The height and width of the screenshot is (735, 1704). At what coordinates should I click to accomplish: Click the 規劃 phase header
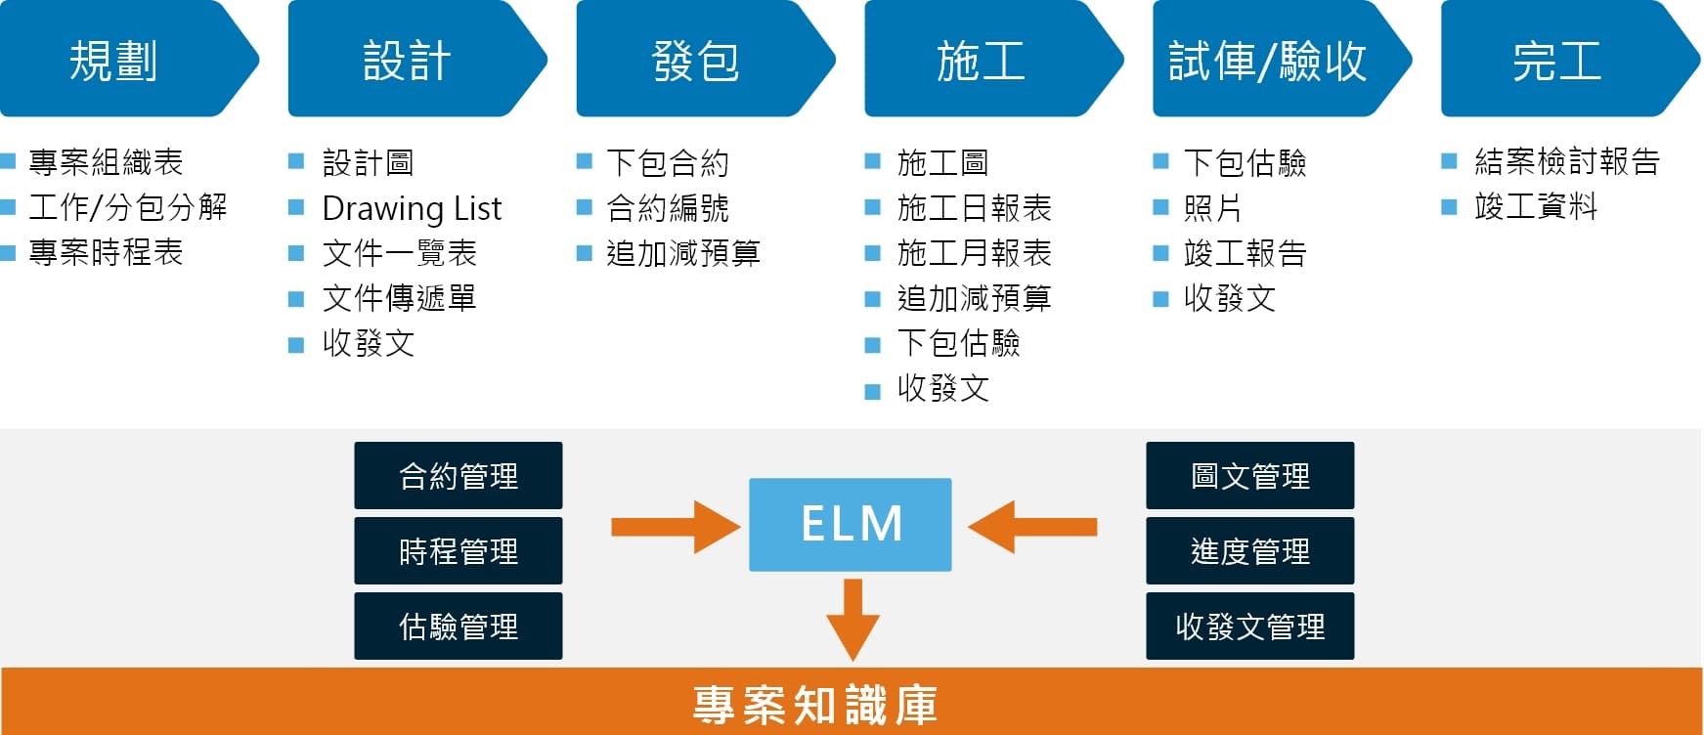(115, 61)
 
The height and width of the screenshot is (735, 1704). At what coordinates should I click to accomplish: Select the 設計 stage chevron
(407, 61)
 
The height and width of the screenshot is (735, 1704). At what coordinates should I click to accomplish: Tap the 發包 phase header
(695, 61)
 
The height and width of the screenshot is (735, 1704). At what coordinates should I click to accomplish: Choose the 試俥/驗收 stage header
(1268, 61)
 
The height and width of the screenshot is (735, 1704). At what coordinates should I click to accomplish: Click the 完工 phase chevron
(1557, 61)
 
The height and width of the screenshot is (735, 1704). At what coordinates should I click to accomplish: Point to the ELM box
(850, 524)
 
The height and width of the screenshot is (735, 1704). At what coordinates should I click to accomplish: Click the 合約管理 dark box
(458, 476)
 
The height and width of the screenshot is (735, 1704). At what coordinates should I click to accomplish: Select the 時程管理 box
(458, 551)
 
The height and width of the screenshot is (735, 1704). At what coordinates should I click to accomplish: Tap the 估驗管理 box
(458, 627)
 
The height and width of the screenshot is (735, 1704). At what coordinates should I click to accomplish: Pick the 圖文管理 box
(1249, 476)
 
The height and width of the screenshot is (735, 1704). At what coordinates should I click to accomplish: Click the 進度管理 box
(1249, 551)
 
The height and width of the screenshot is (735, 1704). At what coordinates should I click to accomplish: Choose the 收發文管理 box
(1249, 627)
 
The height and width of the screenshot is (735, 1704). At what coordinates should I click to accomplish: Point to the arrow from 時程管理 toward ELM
(675, 527)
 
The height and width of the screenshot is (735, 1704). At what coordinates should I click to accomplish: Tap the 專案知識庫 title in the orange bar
(814, 705)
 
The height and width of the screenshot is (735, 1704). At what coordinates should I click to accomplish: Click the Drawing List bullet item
(412, 208)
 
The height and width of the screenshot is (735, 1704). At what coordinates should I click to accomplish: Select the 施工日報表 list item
(974, 208)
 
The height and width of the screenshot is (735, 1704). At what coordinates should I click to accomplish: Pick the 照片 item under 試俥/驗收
(1212, 208)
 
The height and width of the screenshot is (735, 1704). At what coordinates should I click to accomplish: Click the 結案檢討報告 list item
(1566, 161)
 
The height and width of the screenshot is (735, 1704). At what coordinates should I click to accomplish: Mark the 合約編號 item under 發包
(668, 208)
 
